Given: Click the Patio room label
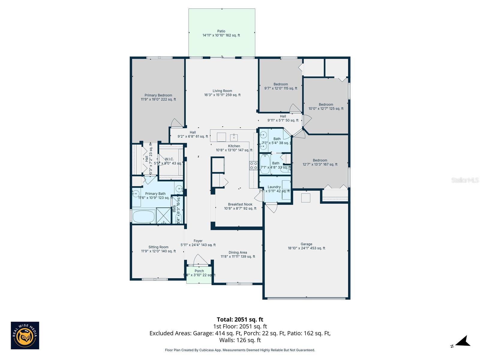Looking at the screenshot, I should click(221, 33).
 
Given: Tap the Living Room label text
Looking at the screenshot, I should click(222, 93).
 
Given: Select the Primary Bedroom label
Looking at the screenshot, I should click(158, 97).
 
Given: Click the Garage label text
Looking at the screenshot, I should click(306, 246).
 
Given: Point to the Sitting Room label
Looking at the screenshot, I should click(158, 249).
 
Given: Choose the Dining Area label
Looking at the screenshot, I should click(238, 254).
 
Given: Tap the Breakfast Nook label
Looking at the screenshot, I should click(240, 206).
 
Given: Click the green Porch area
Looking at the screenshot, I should click(199, 278).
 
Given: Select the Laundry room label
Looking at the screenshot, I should click(274, 189).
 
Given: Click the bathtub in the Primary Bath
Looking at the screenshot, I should click(143, 217).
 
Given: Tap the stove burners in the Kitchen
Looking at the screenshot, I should click(253, 166).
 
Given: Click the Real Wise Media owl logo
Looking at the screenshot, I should click(25, 335).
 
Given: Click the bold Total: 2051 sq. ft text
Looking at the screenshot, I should click(240, 319).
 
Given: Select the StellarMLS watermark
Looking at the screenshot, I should click(465, 180).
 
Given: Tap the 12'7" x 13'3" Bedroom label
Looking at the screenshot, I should click(320, 162).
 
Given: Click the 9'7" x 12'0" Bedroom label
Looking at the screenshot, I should click(280, 86).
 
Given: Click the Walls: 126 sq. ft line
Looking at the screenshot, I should click(240, 340).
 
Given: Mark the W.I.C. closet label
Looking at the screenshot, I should click(169, 161).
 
